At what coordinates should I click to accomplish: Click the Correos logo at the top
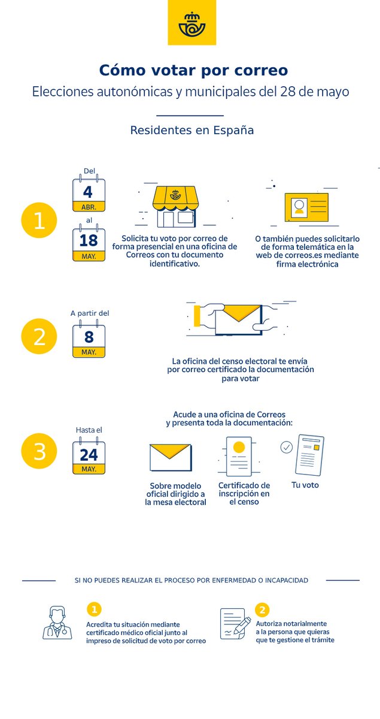pyautogui.click(x=191, y=23)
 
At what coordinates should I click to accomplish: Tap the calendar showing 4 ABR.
pyautogui.click(x=89, y=195)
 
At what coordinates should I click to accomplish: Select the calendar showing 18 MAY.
pyautogui.click(x=89, y=244)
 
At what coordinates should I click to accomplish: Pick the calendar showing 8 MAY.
pyautogui.click(x=89, y=341)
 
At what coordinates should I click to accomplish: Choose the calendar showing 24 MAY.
pyautogui.click(x=89, y=458)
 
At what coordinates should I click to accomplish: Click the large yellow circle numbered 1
pyautogui.click(x=39, y=221)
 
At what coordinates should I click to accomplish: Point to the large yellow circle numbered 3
pyautogui.click(x=39, y=451)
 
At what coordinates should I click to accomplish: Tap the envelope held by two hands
pyautogui.click(x=238, y=318)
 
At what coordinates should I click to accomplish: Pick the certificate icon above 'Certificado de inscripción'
pyautogui.click(x=239, y=456)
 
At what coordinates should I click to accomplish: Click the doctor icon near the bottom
pyautogui.click(x=57, y=623)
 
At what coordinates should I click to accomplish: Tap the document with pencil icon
pyautogui.click(x=235, y=624)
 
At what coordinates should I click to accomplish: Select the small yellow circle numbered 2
pyautogui.click(x=262, y=610)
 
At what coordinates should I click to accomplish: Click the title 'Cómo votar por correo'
pyautogui.click(x=193, y=71)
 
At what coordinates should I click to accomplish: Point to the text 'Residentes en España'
pyautogui.click(x=192, y=130)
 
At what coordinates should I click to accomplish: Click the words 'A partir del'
pyautogui.click(x=90, y=313)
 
